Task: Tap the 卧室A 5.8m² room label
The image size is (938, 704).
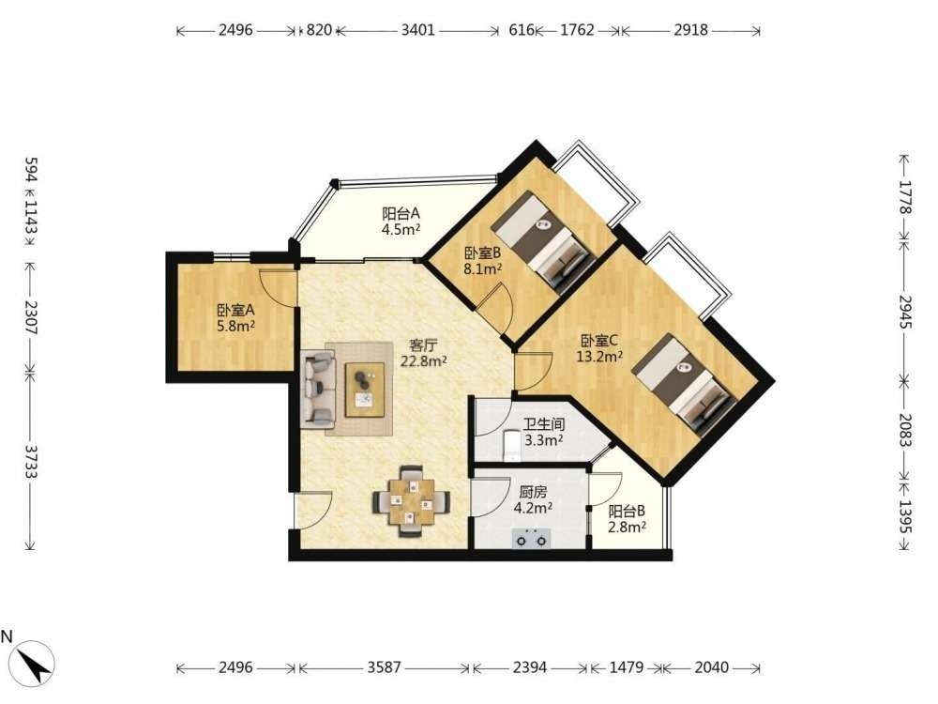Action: tap(236, 318)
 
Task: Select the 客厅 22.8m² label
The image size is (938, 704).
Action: tap(424, 353)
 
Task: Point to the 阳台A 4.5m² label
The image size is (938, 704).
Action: tap(401, 221)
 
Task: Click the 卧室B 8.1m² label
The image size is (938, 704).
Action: tap(483, 261)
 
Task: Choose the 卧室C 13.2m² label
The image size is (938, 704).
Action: tap(599, 349)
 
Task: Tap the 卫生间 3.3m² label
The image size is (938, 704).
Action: tap(544, 433)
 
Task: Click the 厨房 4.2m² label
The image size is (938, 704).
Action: tap(533, 500)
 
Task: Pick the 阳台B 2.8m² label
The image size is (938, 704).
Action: tap(627, 519)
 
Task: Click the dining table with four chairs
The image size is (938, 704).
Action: tap(412, 501)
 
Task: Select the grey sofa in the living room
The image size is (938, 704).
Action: tap(319, 389)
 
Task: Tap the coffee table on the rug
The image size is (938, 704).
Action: tap(365, 390)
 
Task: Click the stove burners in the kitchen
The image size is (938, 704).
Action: tap(532, 538)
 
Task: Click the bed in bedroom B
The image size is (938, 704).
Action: tap(543, 242)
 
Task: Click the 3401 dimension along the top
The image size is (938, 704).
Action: tap(417, 30)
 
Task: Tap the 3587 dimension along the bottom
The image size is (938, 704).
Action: tap(384, 667)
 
